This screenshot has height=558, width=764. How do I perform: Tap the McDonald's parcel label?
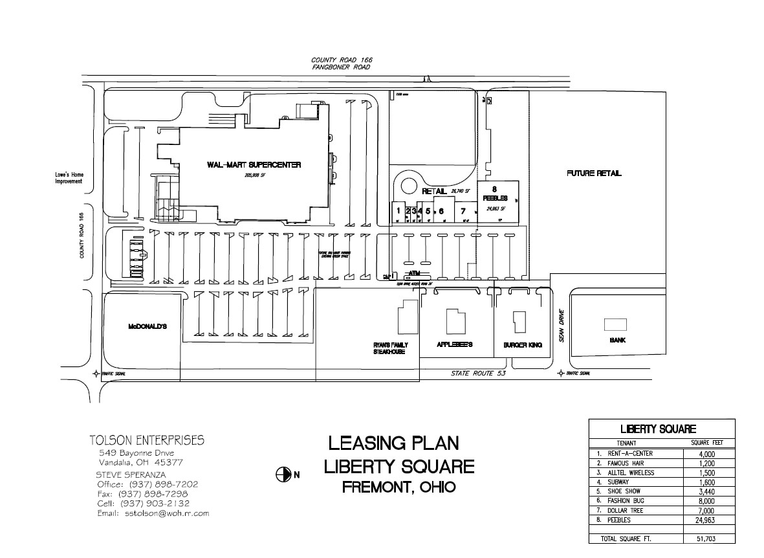[x=147, y=327]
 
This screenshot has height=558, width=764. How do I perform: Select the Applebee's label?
[x=455, y=344]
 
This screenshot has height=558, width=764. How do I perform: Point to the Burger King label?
[x=523, y=345]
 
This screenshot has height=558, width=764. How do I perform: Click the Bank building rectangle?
[x=615, y=324]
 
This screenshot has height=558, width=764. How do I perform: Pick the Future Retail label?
[x=594, y=173]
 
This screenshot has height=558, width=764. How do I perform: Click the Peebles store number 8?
[x=494, y=190]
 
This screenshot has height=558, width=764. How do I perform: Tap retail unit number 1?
[x=398, y=210]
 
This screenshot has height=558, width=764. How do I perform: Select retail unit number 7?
[x=463, y=210]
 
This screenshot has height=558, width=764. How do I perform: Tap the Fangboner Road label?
[x=341, y=67]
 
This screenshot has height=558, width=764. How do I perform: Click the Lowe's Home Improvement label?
[x=69, y=178]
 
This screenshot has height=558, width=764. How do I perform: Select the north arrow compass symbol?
[x=283, y=474]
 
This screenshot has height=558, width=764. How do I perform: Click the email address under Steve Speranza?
[x=153, y=513]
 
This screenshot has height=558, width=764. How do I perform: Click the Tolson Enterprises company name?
[x=146, y=441]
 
